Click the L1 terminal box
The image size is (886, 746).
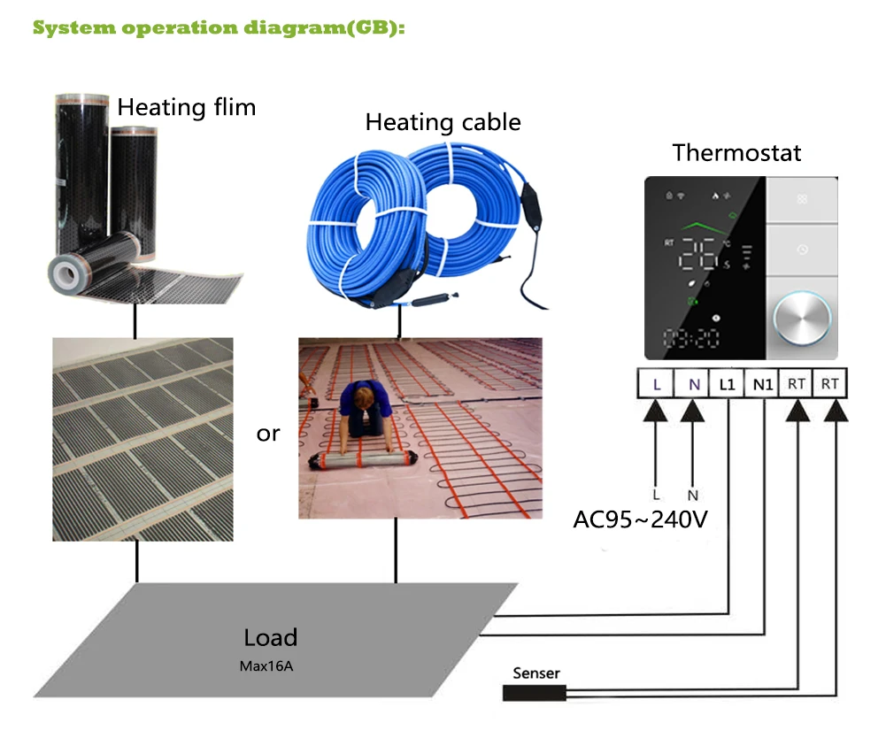click(727, 384)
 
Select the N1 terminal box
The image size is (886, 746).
click(762, 384)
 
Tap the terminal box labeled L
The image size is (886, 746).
click(656, 384)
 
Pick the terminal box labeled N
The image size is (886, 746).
click(692, 384)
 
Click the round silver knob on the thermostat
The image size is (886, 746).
click(801, 318)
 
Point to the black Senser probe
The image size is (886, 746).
click(534, 693)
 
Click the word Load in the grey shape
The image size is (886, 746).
click(270, 637)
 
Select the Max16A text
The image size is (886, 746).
click(266, 666)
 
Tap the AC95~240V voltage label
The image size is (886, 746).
click(640, 519)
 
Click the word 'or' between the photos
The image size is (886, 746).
click(268, 434)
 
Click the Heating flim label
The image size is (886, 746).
click(187, 107)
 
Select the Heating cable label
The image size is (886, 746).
click(443, 122)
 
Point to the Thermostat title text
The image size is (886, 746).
click(736, 152)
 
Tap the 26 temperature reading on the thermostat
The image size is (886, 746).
click(697, 254)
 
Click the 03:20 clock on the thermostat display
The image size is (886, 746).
click(690, 338)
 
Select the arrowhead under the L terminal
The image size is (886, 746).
click(656, 411)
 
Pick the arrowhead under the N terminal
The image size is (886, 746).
click(692, 411)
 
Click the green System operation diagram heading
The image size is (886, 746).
click(219, 27)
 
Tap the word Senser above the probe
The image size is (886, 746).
click(536, 673)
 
